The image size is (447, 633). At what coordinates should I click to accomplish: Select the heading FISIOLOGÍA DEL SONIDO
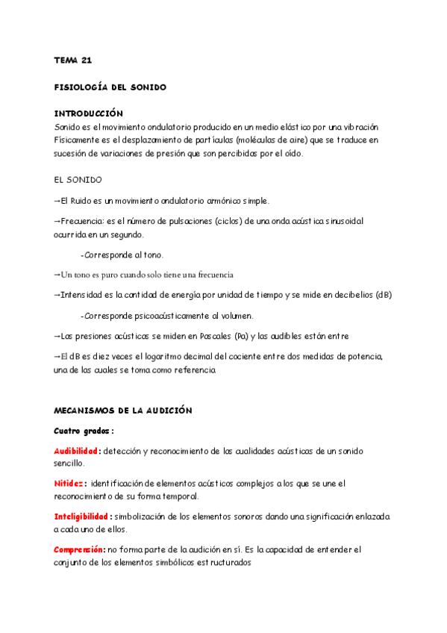click(x=110, y=87)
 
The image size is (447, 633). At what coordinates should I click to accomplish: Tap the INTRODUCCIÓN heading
click(x=88, y=114)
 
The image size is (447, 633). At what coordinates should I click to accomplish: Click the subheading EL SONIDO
click(x=78, y=180)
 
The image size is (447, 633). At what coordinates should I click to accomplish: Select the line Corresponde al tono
click(x=122, y=255)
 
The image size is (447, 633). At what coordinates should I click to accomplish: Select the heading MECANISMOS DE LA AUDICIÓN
click(x=123, y=411)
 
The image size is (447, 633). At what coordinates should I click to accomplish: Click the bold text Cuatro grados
click(x=82, y=431)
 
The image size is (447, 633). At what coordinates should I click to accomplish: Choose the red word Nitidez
click(x=69, y=484)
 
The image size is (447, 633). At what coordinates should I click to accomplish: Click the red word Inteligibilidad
click(x=81, y=517)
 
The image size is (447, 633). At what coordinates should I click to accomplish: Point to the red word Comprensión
click(x=78, y=549)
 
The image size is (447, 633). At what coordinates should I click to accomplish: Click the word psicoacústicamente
click(x=171, y=316)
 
